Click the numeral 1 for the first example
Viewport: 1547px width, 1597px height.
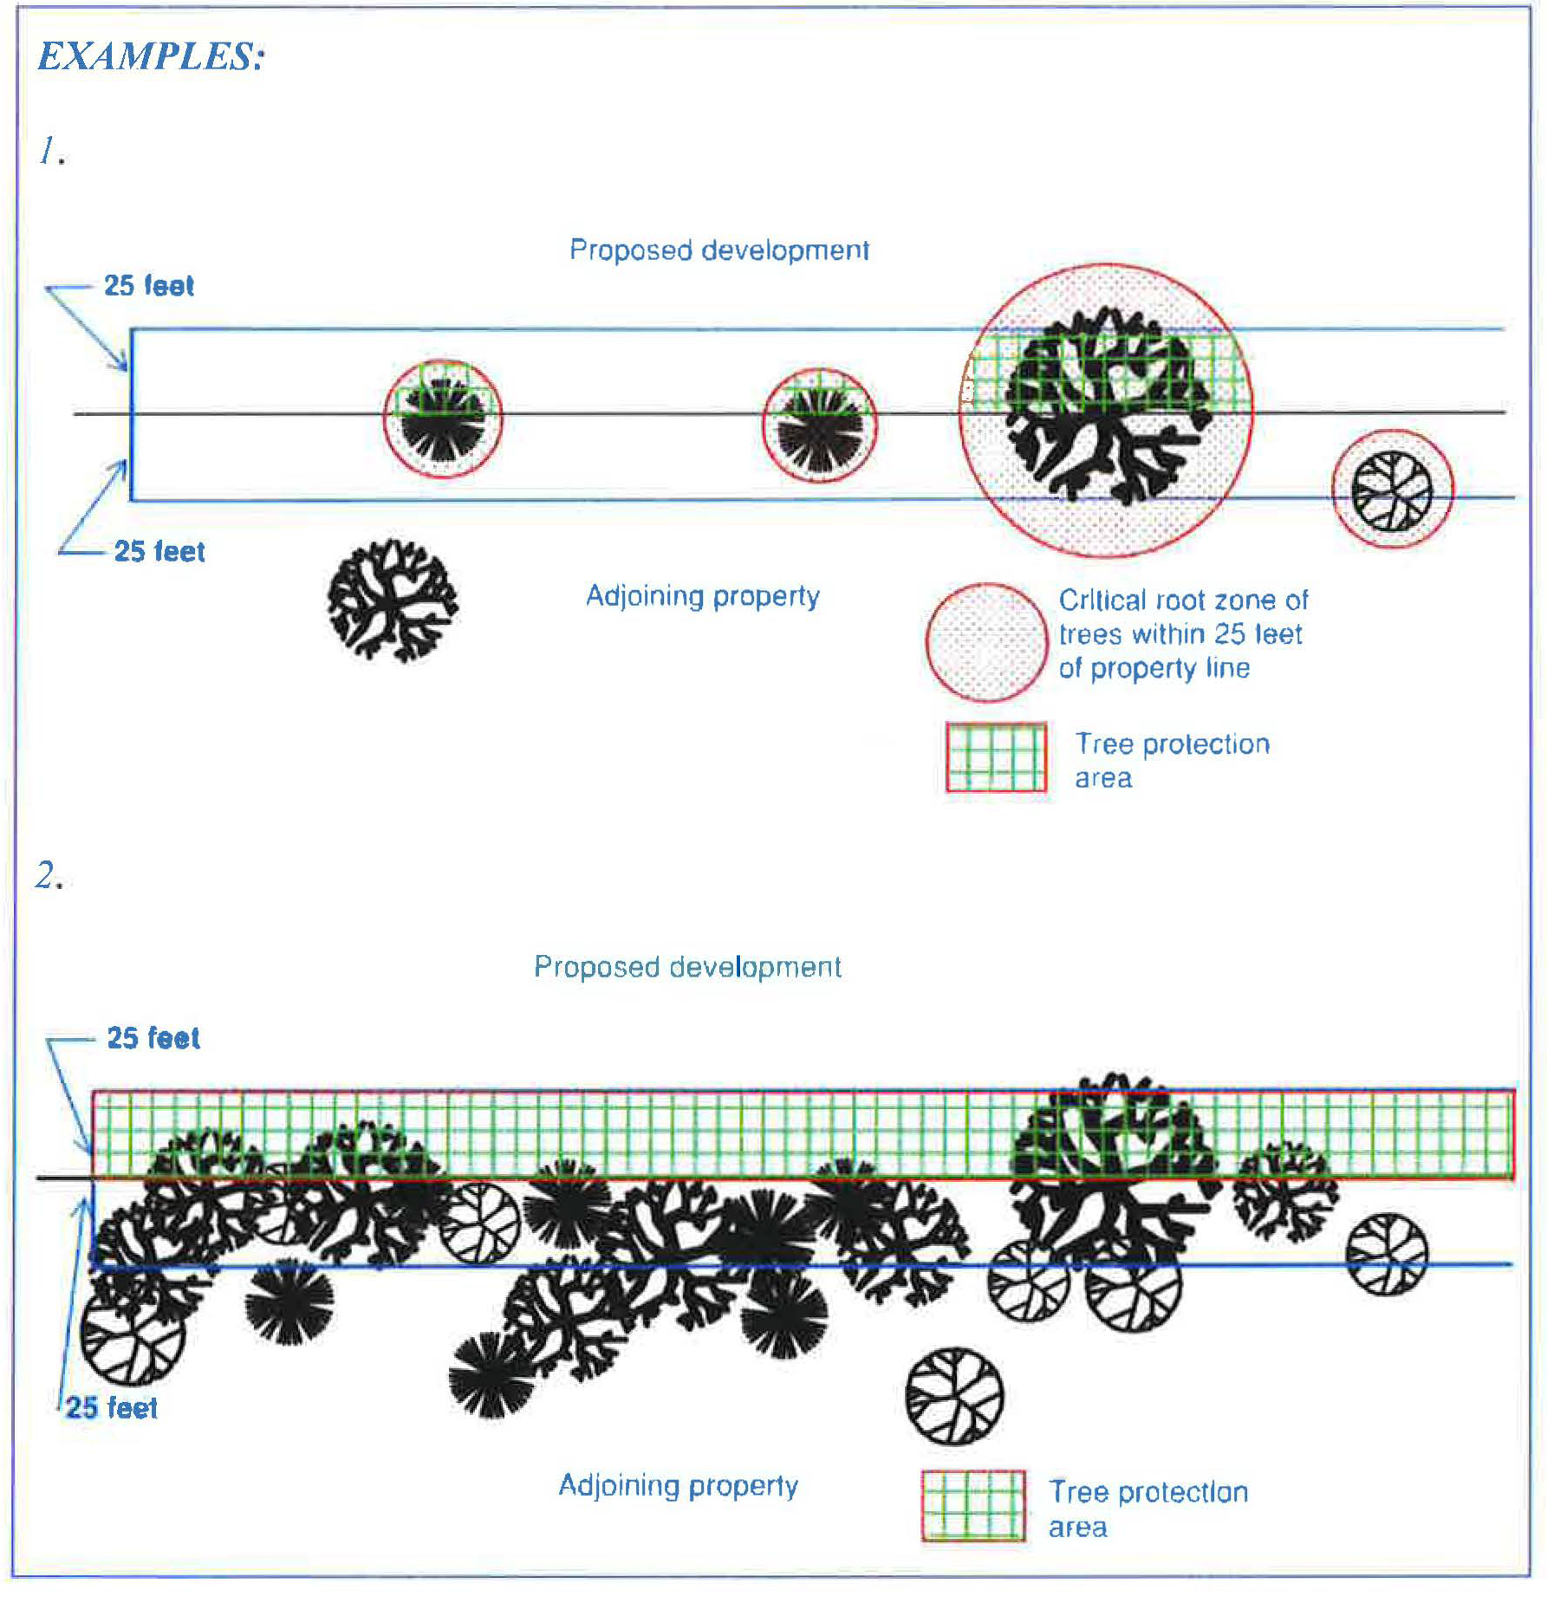pos(49,151)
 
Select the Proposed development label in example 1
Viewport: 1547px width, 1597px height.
pos(719,250)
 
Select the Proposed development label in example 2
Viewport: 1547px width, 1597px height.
pos(687,967)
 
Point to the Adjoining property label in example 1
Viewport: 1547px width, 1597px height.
pos(702,596)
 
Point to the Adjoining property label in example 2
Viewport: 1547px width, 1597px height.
pos(678,1485)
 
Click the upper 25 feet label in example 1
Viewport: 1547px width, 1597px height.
pos(149,286)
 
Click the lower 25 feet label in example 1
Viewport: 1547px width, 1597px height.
pos(159,551)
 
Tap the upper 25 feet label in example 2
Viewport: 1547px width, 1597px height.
pos(153,1038)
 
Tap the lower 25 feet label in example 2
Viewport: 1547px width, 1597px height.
pos(112,1408)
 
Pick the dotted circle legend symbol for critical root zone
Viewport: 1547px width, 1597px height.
pos(986,642)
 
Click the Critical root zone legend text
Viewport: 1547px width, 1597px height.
pos(1182,634)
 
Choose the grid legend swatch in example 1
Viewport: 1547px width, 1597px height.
pos(996,757)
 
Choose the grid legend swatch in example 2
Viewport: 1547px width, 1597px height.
pos(973,1506)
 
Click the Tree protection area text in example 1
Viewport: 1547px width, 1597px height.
pos(1172,760)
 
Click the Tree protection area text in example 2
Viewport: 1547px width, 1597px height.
pos(1147,1509)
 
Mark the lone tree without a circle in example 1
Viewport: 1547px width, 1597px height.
pos(393,600)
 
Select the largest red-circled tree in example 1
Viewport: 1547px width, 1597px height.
pos(1105,409)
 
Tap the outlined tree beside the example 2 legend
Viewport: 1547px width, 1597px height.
pos(954,1396)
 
